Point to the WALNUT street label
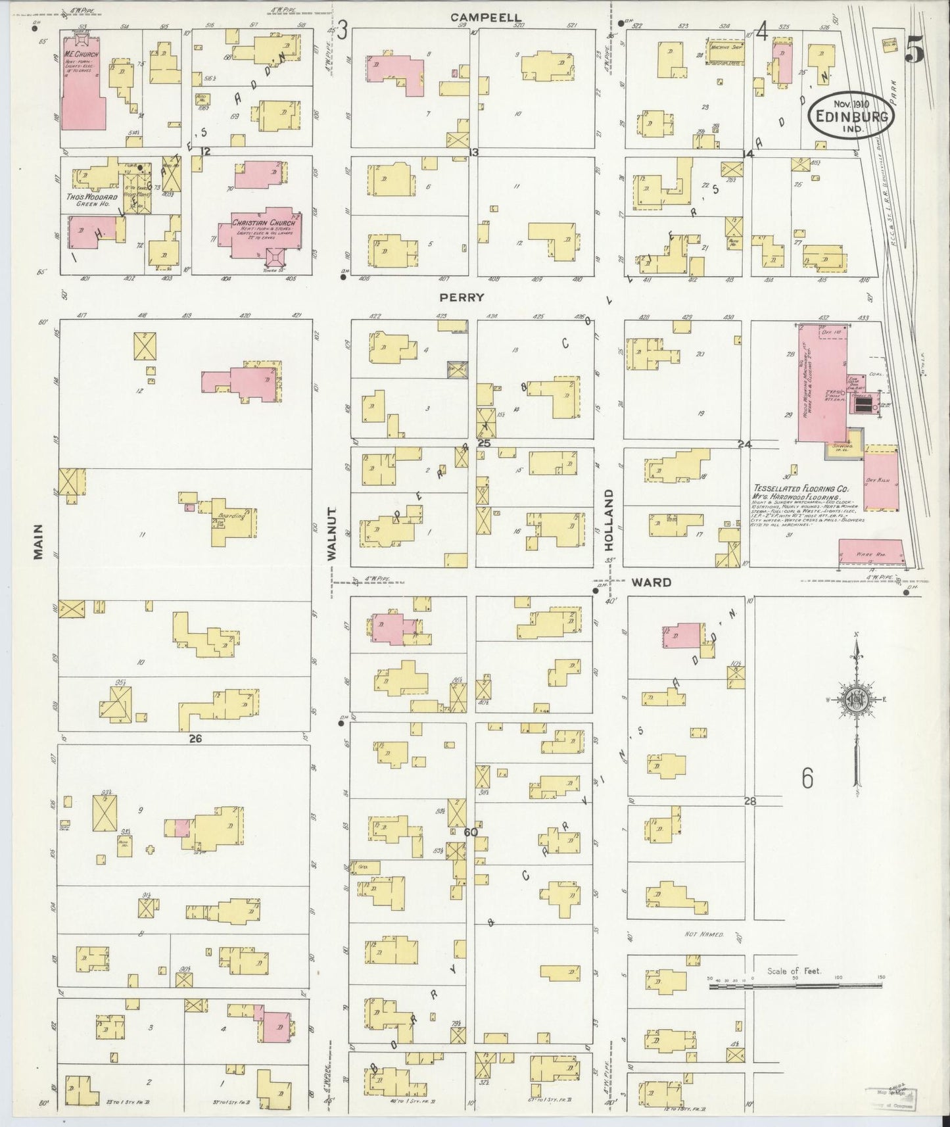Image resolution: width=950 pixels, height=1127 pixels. (x=332, y=533)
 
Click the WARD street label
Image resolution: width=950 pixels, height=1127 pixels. (x=652, y=582)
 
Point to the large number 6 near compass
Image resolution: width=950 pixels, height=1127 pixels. (x=807, y=778)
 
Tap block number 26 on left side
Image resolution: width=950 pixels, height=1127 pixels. (x=195, y=738)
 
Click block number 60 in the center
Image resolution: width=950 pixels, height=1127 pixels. (x=470, y=832)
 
